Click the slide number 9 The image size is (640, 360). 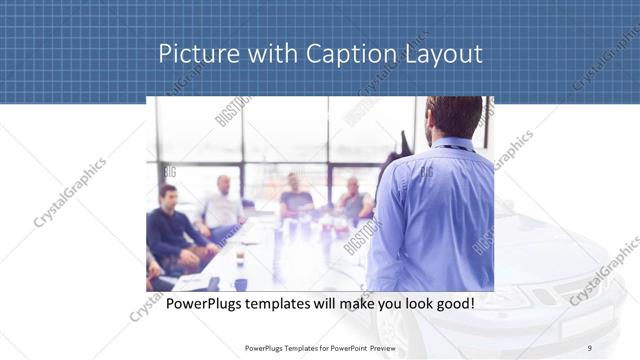[x=590, y=348]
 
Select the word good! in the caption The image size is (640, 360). [x=452, y=303]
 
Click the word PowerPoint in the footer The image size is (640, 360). [x=347, y=348]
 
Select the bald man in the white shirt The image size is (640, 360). [x=222, y=205]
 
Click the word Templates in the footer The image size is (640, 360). [x=291, y=348]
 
